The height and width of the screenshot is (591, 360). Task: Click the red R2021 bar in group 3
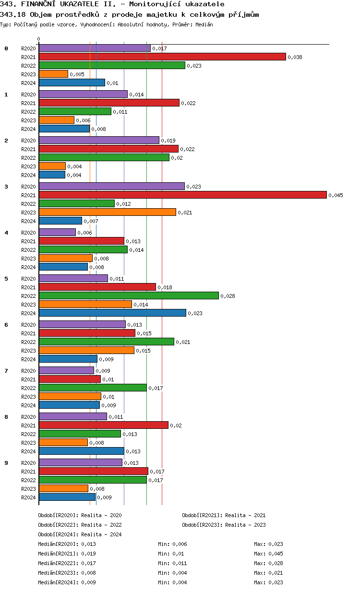tap(182, 195)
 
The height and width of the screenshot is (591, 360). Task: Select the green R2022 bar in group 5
tap(129, 295)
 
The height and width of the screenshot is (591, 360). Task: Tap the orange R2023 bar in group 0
tap(53, 74)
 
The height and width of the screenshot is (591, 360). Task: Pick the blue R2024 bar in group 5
tap(112, 313)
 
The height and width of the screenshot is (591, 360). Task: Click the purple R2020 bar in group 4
tap(57, 232)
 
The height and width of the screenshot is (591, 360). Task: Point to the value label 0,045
tap(336, 195)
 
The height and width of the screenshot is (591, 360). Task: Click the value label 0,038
tap(295, 57)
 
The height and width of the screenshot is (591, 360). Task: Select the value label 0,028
tap(228, 296)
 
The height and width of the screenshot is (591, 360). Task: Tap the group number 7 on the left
tap(6, 371)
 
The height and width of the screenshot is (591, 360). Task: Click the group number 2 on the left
tap(6, 141)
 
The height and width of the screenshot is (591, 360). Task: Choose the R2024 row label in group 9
tap(29, 497)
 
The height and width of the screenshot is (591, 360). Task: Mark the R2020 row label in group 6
tap(29, 325)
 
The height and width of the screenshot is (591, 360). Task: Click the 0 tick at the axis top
tap(39, 39)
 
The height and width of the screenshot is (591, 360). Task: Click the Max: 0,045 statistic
tap(268, 554)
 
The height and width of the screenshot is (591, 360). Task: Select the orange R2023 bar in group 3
tap(108, 212)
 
